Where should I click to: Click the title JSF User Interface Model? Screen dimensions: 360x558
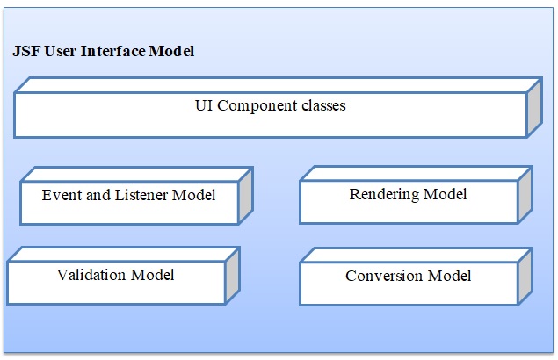[103, 51]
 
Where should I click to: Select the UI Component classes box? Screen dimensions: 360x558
[270, 114]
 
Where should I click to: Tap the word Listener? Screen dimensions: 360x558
[142, 194]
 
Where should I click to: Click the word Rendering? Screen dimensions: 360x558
[385, 193]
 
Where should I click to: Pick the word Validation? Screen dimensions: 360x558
[91, 275]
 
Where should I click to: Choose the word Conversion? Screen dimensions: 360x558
[385, 276]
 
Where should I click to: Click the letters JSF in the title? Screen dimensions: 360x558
[25, 51]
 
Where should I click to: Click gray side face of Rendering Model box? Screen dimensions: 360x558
[525, 195]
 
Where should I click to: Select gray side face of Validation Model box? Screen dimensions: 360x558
[232, 276]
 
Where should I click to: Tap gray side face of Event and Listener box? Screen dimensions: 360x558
[245, 195]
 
